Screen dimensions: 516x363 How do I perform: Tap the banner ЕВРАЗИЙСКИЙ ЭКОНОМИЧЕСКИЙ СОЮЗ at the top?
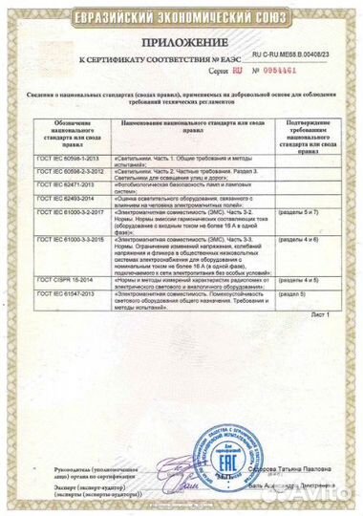[181, 13]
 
